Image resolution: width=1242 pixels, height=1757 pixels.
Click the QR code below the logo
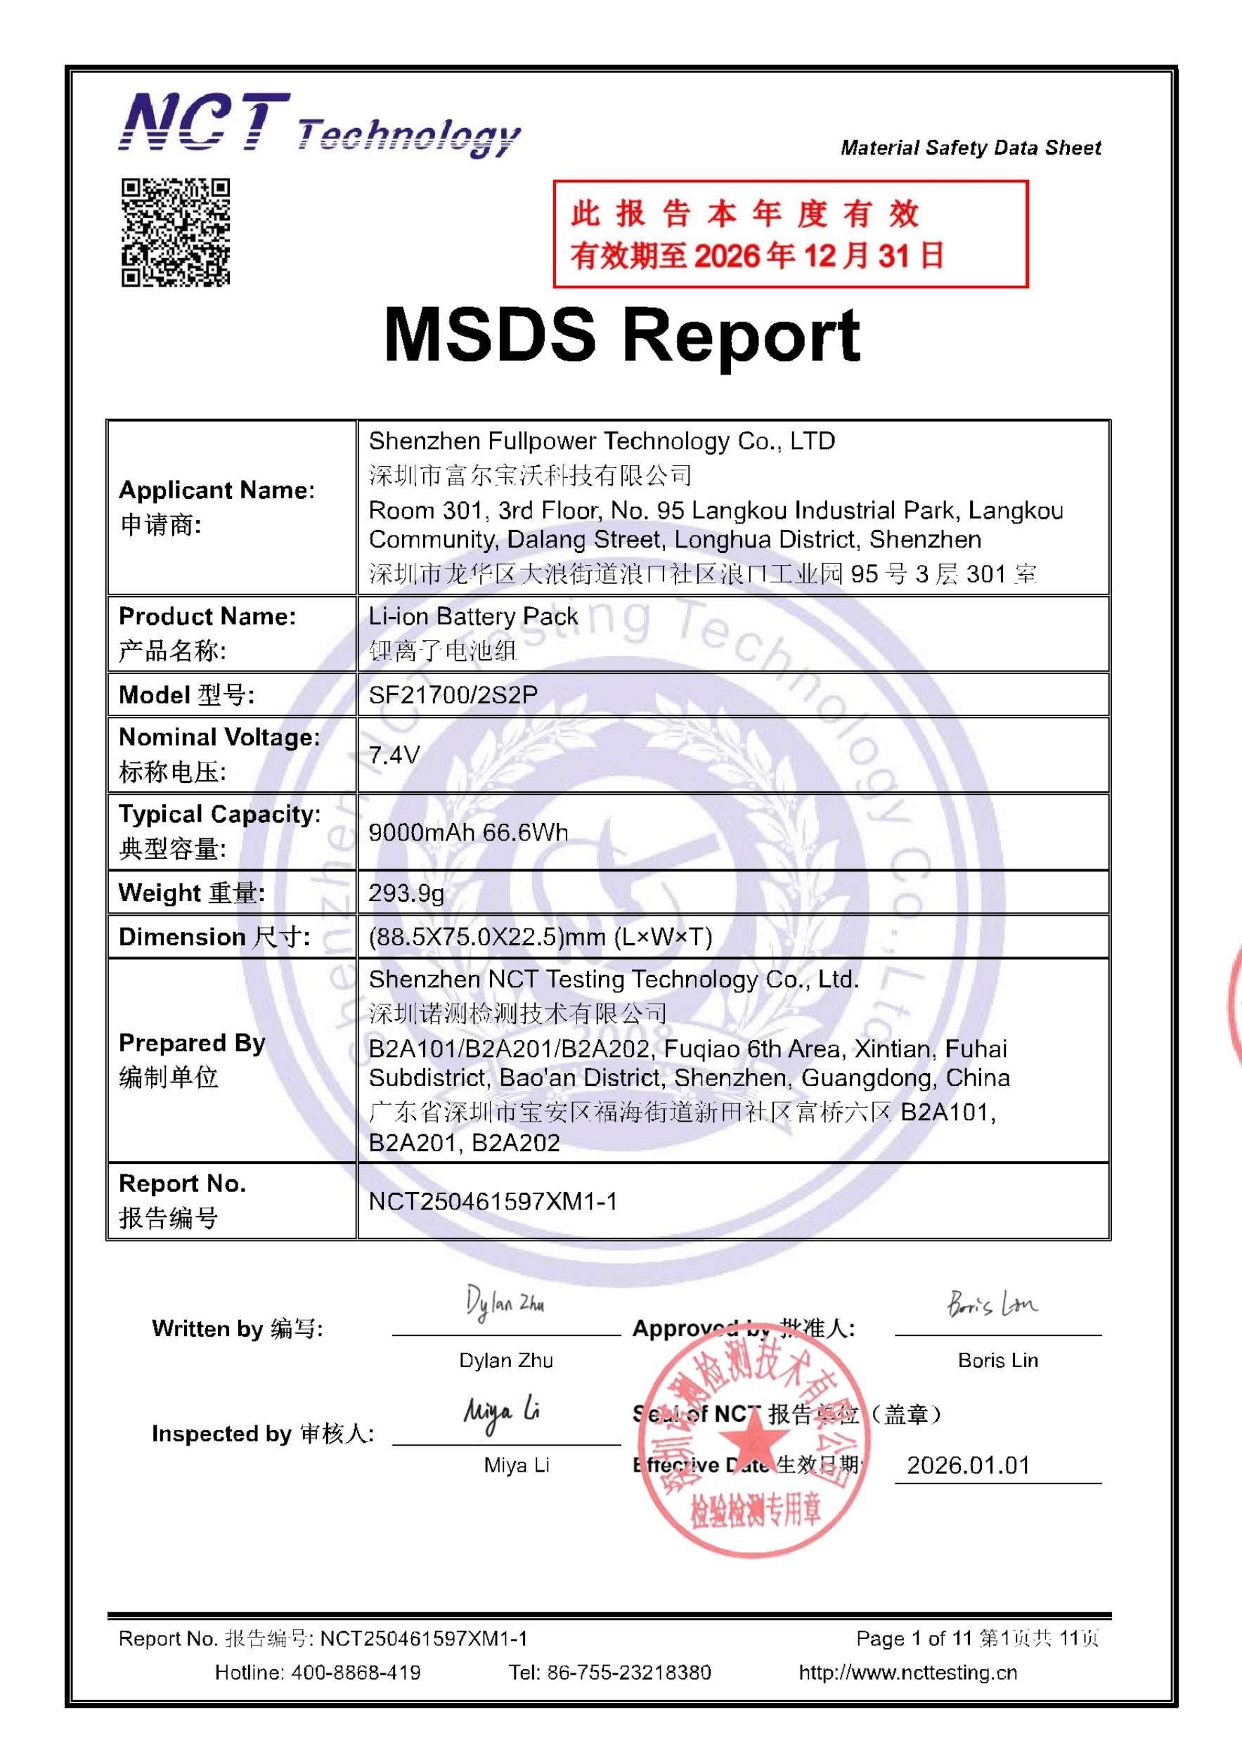tap(175, 233)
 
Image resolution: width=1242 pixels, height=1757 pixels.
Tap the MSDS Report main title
tap(621, 336)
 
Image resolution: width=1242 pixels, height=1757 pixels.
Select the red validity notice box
tap(790, 234)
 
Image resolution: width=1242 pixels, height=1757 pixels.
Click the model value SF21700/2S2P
tap(453, 695)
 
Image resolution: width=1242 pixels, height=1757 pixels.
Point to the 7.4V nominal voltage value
tap(394, 756)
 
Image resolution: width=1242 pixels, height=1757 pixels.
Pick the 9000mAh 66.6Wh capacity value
tap(468, 832)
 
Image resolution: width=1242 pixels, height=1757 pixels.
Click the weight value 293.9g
tap(406, 893)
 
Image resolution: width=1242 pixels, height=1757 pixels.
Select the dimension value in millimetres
tap(541, 937)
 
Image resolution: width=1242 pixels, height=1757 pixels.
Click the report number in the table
tap(493, 1200)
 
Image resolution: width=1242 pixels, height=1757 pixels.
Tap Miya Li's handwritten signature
tap(501, 1412)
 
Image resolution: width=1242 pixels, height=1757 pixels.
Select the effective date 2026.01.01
tap(968, 1465)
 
